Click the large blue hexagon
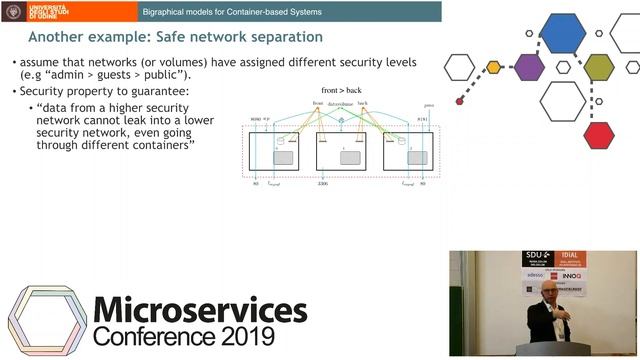tap(562, 32)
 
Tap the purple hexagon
tap(529, 67)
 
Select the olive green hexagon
tap(598, 67)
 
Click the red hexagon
tap(598, 133)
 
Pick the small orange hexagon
tap(493, 68)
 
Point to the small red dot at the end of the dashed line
tap(460, 101)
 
